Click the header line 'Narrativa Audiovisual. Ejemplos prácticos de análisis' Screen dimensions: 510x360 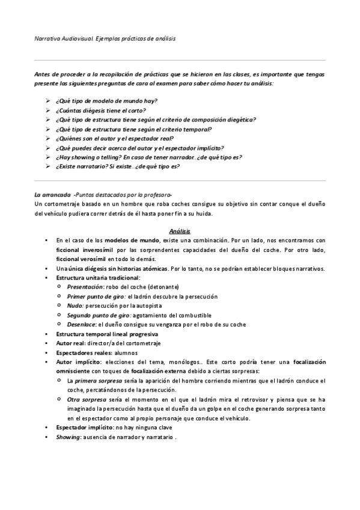tap(105, 38)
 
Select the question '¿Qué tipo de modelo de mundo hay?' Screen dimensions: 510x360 tap(106, 101)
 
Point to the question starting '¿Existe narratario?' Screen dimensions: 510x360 tap(117, 167)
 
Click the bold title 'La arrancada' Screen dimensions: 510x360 tap(50, 195)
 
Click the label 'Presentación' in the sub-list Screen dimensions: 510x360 tap(85, 287)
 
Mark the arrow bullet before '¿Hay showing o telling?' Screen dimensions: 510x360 tap(48, 158)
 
